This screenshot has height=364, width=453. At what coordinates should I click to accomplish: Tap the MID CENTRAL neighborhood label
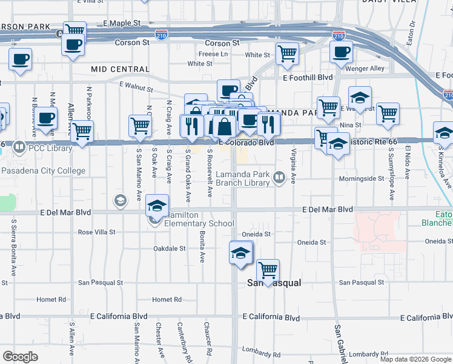coord(120,69)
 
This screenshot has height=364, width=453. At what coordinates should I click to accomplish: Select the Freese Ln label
coord(213,54)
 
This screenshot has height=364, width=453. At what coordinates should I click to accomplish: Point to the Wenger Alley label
coord(365,69)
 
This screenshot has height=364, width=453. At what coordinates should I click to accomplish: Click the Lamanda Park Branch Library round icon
coord(279,178)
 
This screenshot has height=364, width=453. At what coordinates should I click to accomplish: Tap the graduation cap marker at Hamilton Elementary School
coord(157,206)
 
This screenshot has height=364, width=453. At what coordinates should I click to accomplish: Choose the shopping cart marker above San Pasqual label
coord(267,270)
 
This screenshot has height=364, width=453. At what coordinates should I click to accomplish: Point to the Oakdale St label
coord(169,248)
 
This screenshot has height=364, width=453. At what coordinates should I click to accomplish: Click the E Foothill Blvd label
coord(308,78)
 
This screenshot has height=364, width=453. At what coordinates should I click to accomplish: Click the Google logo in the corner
coord(20,356)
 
